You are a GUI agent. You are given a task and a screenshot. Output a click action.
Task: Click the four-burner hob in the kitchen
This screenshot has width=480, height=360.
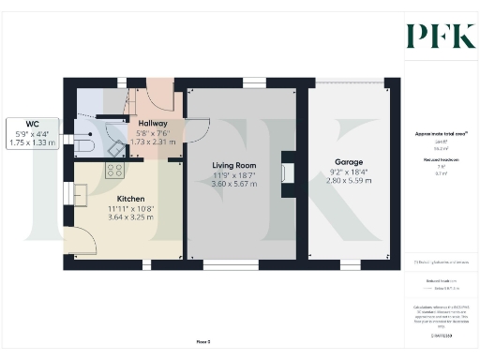[x=115, y=170]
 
